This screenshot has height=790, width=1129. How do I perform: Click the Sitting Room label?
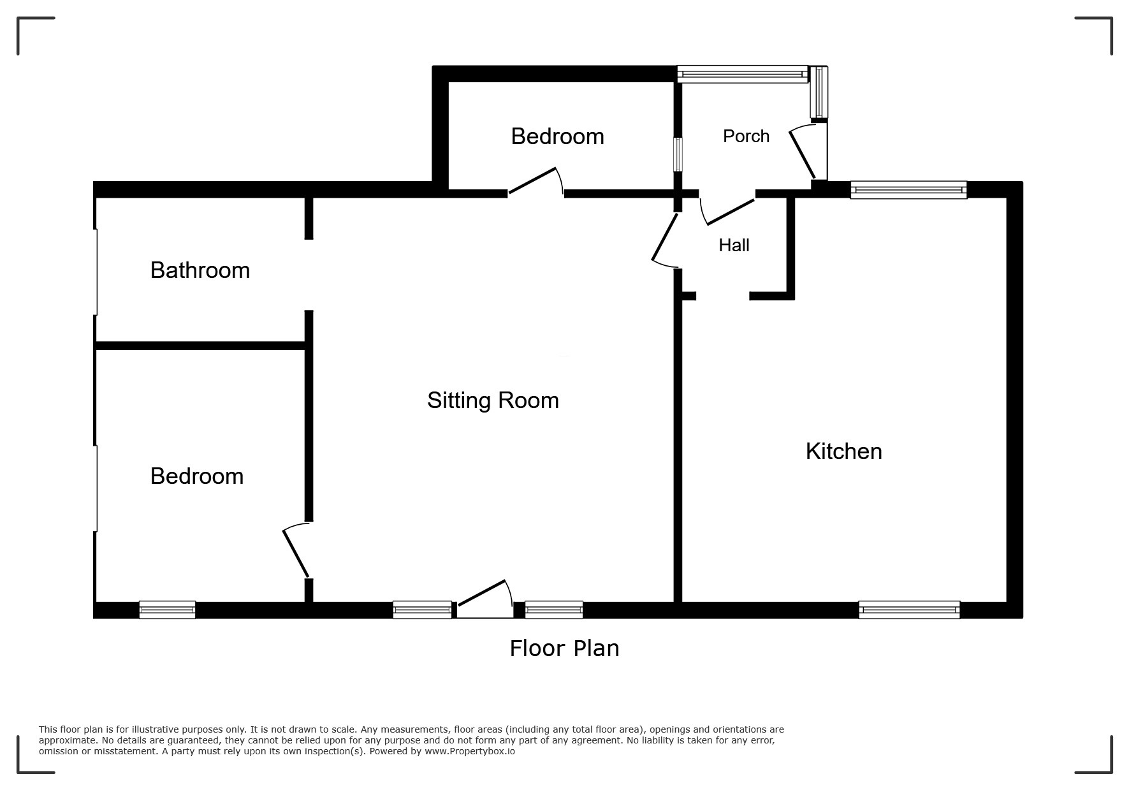tap(493, 400)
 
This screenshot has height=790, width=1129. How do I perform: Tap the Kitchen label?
tap(843, 451)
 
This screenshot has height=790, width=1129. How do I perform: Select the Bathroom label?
tap(200, 270)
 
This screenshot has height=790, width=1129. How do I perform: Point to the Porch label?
tap(746, 136)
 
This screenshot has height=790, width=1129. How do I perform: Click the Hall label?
tap(734, 245)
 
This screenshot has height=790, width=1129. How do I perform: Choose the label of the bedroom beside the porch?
tap(557, 136)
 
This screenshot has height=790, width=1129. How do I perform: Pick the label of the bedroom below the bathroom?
tap(197, 476)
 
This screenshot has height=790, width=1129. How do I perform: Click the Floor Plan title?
tap(564, 648)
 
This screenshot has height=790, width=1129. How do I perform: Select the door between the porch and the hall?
tap(727, 211)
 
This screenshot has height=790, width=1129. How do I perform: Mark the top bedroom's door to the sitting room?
tap(535, 181)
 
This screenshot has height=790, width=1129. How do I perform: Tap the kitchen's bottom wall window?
tap(909, 610)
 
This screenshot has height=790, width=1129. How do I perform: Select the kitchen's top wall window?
tap(908, 189)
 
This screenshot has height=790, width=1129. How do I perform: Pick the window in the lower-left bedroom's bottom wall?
tap(167, 610)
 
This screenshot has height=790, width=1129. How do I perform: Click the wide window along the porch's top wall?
tap(743, 74)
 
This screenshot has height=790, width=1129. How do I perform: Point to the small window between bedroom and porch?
tap(678, 154)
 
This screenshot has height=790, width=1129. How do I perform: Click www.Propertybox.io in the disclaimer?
tap(470, 751)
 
